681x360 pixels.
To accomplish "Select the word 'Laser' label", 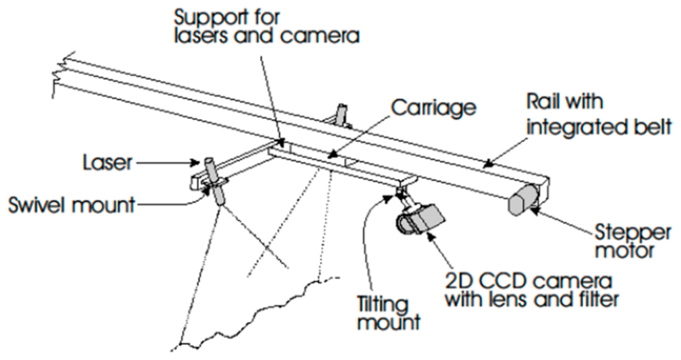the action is click(107, 163).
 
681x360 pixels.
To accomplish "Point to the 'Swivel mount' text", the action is click(72, 205).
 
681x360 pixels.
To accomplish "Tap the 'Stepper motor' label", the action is click(632, 241).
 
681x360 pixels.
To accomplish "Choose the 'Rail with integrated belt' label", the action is click(599, 115).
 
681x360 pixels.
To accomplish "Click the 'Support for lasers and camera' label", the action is click(267, 27).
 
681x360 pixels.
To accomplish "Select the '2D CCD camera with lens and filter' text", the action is click(531, 290).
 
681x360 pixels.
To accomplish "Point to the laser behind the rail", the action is click(342, 114).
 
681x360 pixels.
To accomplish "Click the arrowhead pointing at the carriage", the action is click(331, 153).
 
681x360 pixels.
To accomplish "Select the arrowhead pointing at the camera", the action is click(430, 235).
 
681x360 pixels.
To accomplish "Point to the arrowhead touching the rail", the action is click(488, 164).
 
